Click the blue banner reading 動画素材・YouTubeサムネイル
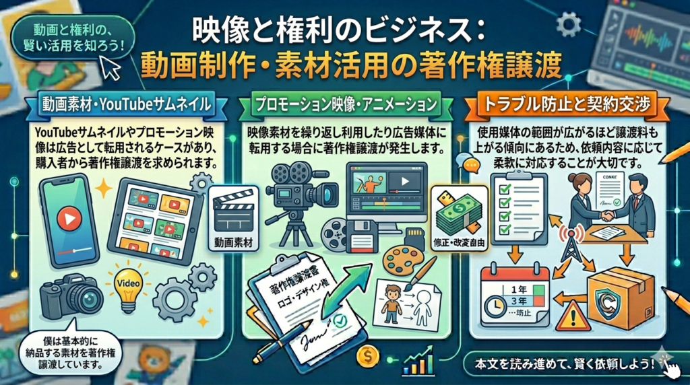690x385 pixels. click(126, 104)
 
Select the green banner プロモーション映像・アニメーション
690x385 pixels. click(346, 104)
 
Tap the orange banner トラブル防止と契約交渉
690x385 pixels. click(567, 104)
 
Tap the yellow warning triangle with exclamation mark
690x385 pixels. click(573, 316)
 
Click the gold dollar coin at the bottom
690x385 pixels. click(369, 357)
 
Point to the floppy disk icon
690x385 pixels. click(363, 236)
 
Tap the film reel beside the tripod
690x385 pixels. click(334, 235)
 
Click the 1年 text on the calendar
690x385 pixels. click(519, 289)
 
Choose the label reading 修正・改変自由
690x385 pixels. click(459, 242)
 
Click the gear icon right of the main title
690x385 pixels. click(568, 24)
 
